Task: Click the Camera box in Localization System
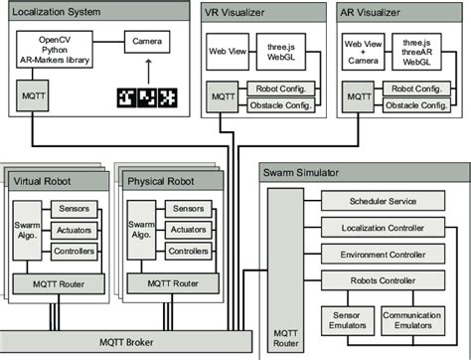click(x=146, y=43)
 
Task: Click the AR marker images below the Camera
click(x=146, y=98)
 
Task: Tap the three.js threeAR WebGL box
click(x=414, y=50)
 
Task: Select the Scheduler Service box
click(x=383, y=201)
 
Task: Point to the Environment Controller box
click(x=383, y=254)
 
